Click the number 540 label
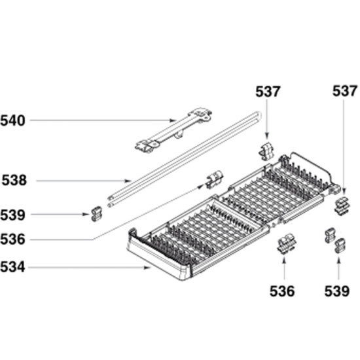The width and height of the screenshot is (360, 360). tap(12, 121)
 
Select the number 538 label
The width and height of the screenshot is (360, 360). tap(14, 181)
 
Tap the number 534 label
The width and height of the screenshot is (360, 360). tap(12, 267)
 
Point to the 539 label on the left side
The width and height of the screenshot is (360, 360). tap(12, 215)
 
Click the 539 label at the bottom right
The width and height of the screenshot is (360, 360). tap(337, 291)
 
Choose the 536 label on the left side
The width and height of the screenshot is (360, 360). tap(12, 240)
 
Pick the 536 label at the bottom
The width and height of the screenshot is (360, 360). tap(282, 291)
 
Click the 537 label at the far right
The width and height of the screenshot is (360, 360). tap(345, 91)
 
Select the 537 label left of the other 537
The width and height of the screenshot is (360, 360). tap(268, 92)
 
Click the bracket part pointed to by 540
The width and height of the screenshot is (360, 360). tap(174, 130)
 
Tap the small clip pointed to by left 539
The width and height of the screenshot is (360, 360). tap(97, 214)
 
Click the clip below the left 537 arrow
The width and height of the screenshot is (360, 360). tap(266, 152)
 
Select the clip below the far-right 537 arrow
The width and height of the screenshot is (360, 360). tap(342, 206)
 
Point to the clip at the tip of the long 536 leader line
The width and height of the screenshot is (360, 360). tap(215, 179)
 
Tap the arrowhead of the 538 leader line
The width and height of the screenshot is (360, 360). tap(128, 181)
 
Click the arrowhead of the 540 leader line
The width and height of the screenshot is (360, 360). tap(172, 120)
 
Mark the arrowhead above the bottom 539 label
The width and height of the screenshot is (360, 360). tap(338, 259)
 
